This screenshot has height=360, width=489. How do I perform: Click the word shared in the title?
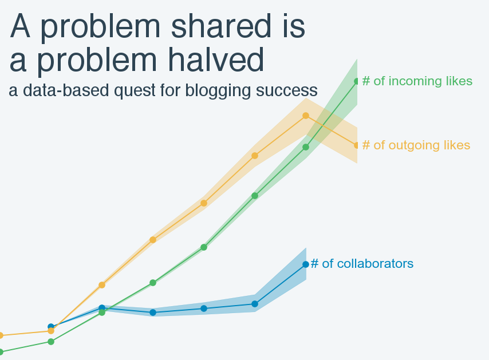click(221, 26)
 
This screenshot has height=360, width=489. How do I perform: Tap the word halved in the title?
click(216, 60)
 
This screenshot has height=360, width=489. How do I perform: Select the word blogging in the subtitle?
click(218, 91)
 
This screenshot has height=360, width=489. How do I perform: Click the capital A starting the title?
click(20, 26)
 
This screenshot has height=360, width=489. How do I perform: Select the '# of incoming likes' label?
click(417, 81)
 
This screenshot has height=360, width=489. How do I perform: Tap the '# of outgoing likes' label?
click(416, 145)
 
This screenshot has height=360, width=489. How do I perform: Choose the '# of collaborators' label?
click(362, 264)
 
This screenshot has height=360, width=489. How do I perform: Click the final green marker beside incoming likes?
click(357, 81)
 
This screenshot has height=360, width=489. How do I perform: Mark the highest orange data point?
click(306, 116)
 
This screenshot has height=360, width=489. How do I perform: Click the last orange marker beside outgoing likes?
click(357, 145)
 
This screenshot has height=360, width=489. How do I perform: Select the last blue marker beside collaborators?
click(306, 264)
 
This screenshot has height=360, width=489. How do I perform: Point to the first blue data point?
click(51, 327)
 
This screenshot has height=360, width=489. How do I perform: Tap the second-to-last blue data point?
click(255, 304)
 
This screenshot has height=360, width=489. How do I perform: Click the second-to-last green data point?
click(306, 147)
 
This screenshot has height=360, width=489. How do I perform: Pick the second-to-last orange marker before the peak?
click(255, 156)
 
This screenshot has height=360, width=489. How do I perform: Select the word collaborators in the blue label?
click(375, 264)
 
